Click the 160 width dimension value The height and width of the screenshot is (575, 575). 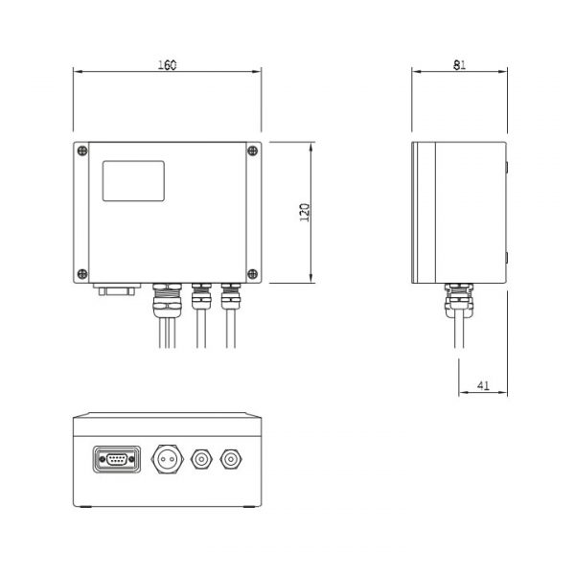(x=167, y=64)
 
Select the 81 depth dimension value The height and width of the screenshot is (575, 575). (x=459, y=64)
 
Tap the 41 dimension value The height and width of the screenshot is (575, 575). (x=483, y=386)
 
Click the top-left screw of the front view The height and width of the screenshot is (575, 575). (x=82, y=150)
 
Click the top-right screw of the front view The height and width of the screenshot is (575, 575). (x=252, y=150)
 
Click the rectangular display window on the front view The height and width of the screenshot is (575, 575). (x=133, y=181)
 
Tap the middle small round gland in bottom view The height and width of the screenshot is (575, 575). (x=201, y=459)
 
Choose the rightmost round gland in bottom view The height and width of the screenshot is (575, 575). (x=231, y=459)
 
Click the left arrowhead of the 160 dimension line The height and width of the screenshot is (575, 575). (x=77, y=72)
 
